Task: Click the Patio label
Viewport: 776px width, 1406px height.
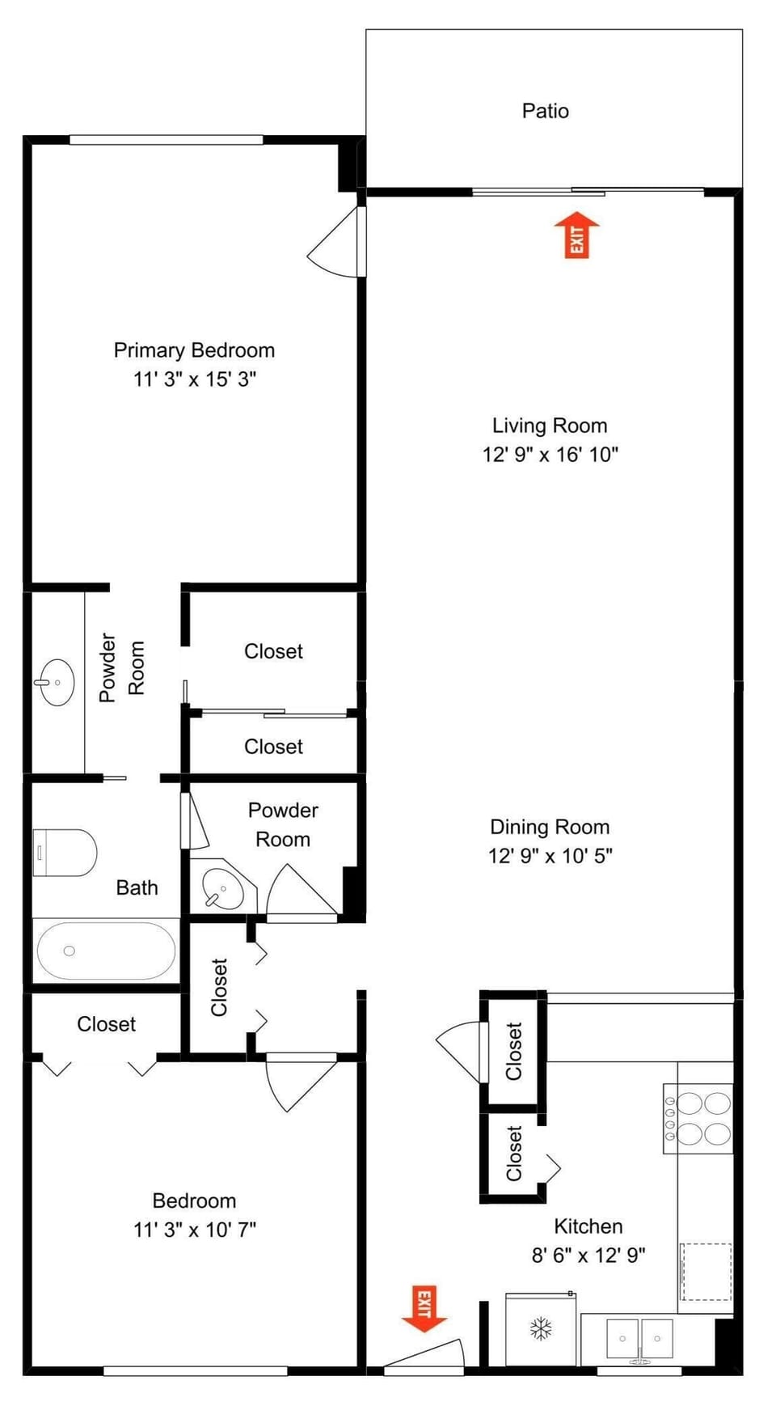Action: pyautogui.click(x=545, y=111)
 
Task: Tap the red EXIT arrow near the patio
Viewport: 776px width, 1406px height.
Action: pyautogui.click(x=576, y=235)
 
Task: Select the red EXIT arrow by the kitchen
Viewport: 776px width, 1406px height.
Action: pyautogui.click(x=424, y=1308)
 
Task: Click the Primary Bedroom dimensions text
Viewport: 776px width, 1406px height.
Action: pyautogui.click(x=195, y=379)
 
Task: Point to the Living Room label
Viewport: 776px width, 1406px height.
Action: pyautogui.click(x=550, y=426)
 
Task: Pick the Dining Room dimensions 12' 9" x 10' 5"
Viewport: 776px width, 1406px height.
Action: pyautogui.click(x=550, y=855)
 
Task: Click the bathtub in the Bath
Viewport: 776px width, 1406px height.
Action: pyautogui.click(x=106, y=951)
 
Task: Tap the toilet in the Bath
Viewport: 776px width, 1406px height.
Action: pyautogui.click(x=65, y=853)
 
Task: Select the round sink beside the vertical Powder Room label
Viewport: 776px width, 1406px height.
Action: pyautogui.click(x=56, y=683)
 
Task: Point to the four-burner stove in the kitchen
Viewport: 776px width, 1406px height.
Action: pyautogui.click(x=698, y=1118)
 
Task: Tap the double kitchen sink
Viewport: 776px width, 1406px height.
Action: pyautogui.click(x=639, y=1340)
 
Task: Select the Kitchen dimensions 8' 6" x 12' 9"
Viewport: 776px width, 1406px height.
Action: pyautogui.click(x=588, y=1255)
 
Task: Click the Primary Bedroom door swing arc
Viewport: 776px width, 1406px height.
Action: pyautogui.click(x=331, y=242)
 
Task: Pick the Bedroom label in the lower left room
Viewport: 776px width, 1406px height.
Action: pyautogui.click(x=195, y=1201)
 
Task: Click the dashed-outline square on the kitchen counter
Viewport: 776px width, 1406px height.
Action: pyautogui.click(x=706, y=1272)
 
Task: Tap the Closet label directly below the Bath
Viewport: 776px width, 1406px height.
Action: pyautogui.click(x=106, y=1024)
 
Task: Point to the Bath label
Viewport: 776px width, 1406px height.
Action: pyautogui.click(x=137, y=887)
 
